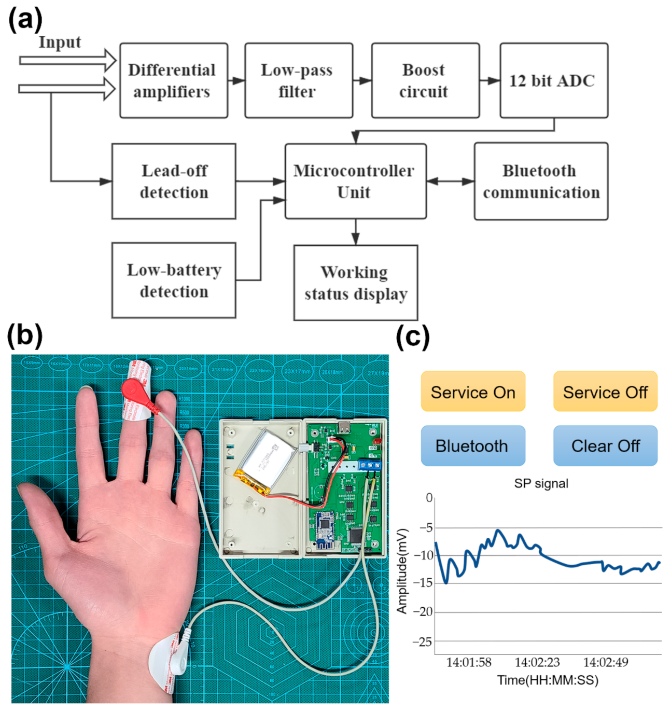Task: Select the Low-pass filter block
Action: pos(299,80)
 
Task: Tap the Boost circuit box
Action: pos(425,80)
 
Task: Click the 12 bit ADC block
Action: pos(553,80)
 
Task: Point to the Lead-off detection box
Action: pos(174,181)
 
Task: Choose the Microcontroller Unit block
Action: pos(355,181)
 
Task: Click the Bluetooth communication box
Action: pos(540,181)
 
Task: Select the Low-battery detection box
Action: pos(174,280)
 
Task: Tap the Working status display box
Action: pos(355,283)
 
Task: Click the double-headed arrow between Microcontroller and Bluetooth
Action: pos(450,181)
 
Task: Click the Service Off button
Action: pos(605,392)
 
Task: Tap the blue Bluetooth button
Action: pos(472,445)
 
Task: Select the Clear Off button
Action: pos(605,445)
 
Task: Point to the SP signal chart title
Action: pos(541,483)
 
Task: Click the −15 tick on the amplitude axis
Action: pos(423,583)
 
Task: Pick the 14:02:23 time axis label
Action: pos(537,662)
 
